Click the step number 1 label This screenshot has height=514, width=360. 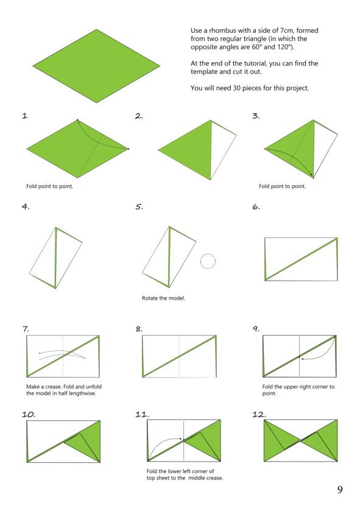coord(24,116)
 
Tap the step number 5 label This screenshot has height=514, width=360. coord(139,207)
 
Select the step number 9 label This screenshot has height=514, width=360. coord(256,328)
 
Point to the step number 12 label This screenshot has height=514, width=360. coord(259,415)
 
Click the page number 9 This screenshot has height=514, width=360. coord(340,490)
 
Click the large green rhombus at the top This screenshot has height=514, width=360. coord(96,66)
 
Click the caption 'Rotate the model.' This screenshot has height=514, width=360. coord(163,298)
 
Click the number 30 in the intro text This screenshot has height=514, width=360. coord(237,88)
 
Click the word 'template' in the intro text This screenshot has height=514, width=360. coord(204,72)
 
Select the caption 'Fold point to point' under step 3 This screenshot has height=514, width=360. coord(282,186)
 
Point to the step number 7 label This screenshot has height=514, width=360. coord(26,328)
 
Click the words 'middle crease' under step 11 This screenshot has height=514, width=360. coord(205,478)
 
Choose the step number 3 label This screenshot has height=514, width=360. coord(256,116)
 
